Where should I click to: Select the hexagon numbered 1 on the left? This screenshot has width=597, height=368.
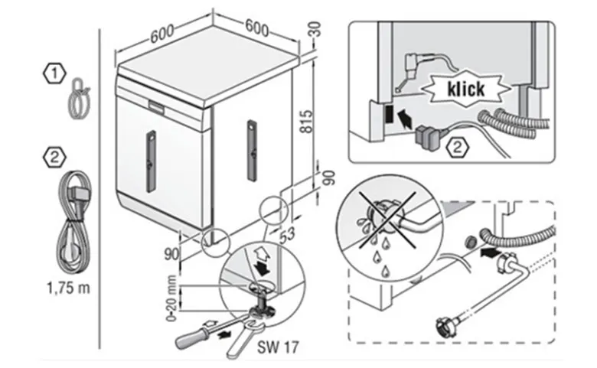point(54,73)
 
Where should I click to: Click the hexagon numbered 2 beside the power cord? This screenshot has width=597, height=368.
point(54,158)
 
